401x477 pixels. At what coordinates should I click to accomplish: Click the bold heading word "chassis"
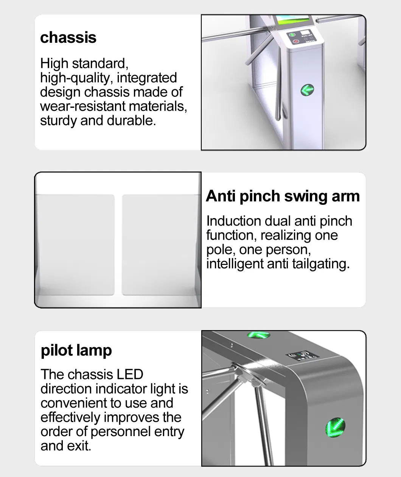pos(68,37)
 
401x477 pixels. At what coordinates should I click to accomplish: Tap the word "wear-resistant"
pos(83,106)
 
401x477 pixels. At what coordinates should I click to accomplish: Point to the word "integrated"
pos(147,78)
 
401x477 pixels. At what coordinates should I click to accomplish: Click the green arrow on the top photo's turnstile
pos(307,90)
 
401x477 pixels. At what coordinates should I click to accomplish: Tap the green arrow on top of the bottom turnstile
pos(258,335)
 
